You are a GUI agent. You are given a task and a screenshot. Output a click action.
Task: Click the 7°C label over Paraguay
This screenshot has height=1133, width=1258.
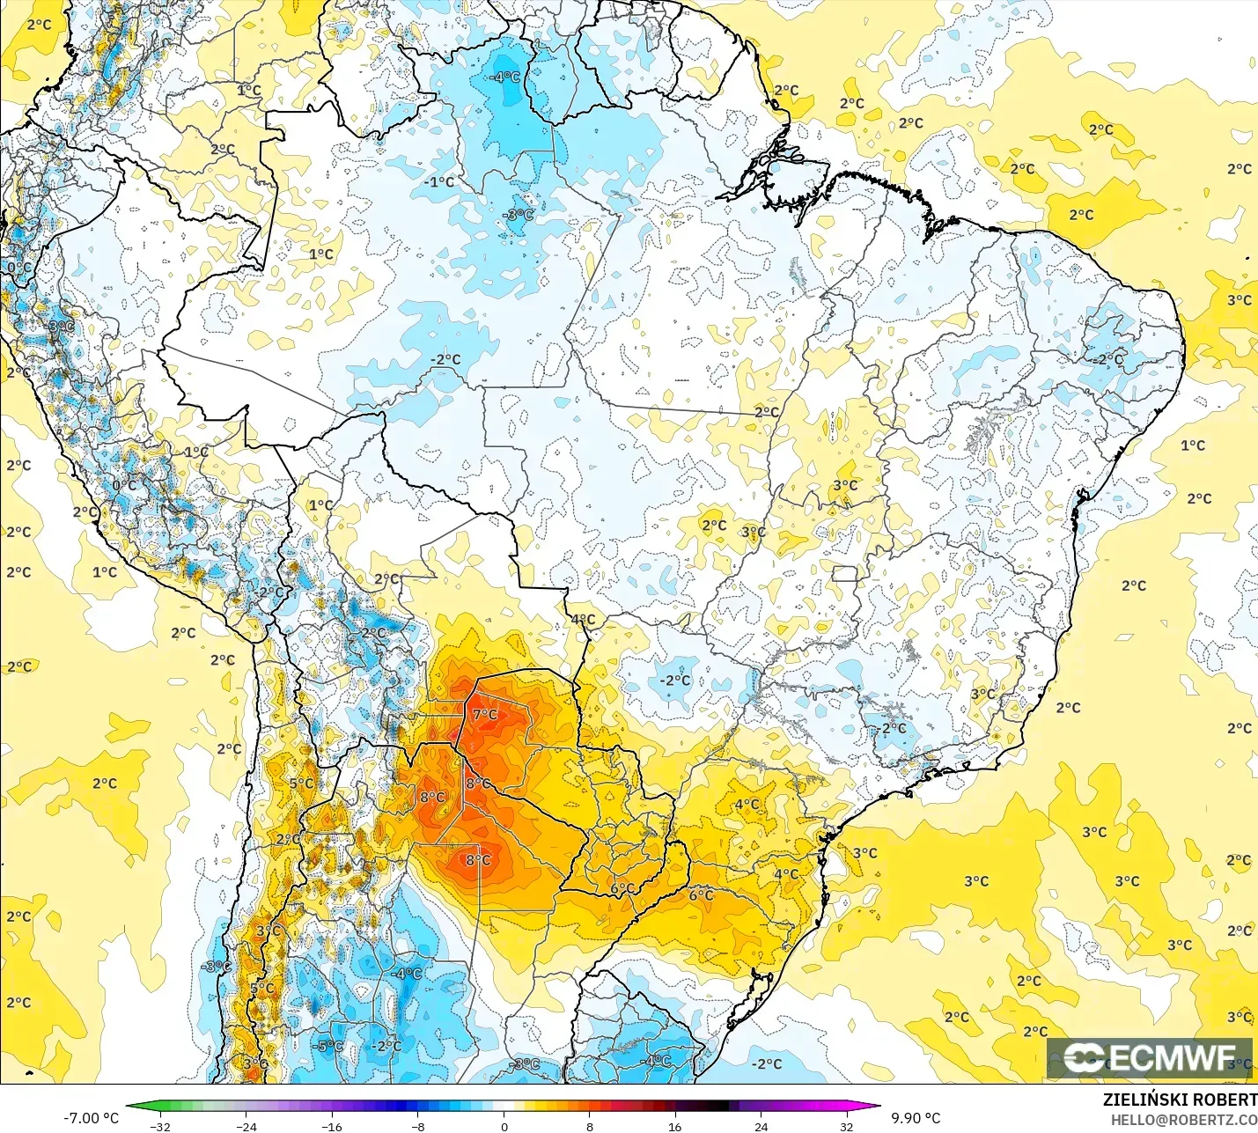485,714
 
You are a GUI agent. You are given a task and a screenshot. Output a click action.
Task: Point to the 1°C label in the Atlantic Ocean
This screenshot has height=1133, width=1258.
1193,445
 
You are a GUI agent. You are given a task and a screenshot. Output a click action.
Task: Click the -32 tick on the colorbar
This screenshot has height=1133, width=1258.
160,1126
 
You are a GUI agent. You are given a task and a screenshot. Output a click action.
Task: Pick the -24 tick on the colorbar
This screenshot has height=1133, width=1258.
246,1126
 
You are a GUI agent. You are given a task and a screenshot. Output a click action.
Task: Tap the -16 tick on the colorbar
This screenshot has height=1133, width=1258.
332,1126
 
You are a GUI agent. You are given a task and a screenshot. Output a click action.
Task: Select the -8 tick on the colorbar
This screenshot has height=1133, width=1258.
418,1126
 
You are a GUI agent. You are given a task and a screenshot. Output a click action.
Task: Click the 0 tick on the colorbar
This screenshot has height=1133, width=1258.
504,1126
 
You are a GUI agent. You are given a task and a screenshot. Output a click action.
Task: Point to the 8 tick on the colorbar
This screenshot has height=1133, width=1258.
590,1126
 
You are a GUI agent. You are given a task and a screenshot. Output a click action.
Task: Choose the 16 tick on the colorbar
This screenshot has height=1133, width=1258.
675,1126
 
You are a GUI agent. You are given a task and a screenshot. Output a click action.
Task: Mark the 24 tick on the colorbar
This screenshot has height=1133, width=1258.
761,1126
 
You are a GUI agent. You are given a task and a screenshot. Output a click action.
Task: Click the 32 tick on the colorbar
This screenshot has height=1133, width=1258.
847,1126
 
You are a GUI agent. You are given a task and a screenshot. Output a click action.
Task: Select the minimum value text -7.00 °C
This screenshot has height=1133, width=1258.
91,1118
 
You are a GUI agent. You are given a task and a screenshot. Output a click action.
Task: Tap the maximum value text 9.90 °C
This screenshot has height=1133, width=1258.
916,1118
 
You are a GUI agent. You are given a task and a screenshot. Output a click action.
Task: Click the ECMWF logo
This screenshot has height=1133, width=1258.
1149,1057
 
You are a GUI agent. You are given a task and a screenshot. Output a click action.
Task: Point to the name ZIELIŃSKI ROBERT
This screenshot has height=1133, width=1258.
1180,1100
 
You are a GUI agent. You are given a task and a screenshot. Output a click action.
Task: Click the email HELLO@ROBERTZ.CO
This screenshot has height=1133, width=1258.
1183,1120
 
